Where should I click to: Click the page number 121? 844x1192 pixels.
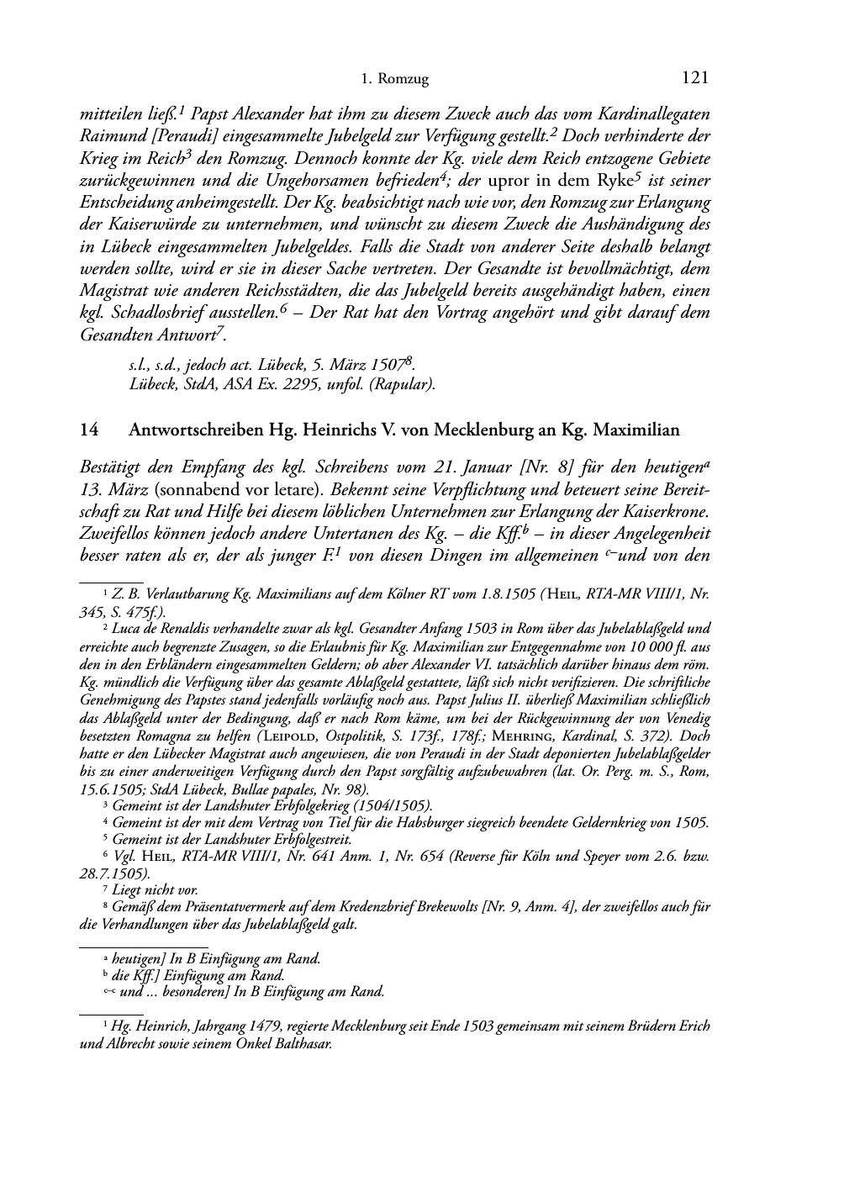[x=695, y=78]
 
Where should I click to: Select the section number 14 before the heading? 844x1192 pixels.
[x=88, y=430]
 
